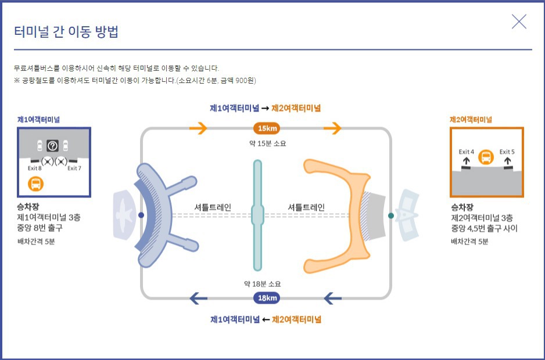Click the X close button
[519, 22]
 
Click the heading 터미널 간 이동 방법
[66, 31]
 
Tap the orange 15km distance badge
[267, 128]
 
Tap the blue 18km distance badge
[267, 298]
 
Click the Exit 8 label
[34, 168]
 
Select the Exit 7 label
[74, 168]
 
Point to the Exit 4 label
[467, 152]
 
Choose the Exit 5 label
[507, 152]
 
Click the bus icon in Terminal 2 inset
[486, 157]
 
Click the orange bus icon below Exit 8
[36, 184]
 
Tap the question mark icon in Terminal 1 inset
[52, 146]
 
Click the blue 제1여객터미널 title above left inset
[39, 120]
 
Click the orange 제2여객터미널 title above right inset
[471, 120]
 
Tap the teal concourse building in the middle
[257, 215]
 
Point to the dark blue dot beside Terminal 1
[141, 215]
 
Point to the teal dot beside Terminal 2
[391, 215]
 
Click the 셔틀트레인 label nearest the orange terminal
[306, 207]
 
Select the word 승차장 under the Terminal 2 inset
[462, 207]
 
